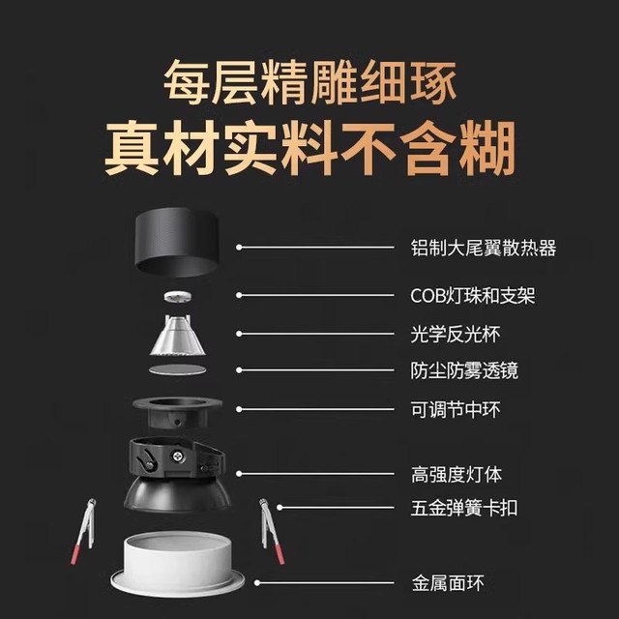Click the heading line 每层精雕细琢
[310, 82]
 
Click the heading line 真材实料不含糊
[309, 148]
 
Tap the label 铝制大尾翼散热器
[484, 248]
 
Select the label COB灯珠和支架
[473, 296]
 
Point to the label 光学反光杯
[456, 334]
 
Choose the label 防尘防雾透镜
[464, 370]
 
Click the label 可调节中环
[456, 409]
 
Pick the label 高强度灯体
[456, 474]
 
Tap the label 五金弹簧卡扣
[464, 508]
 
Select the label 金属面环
[448, 582]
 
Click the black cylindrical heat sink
[176, 242]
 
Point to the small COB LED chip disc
[177, 297]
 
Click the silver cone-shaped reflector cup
[178, 336]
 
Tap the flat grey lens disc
[178, 369]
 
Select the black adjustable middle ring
[177, 413]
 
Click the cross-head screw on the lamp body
[178, 457]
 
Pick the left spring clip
[84, 531]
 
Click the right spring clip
[272, 531]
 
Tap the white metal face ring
[177, 563]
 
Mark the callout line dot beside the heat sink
[239, 248]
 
